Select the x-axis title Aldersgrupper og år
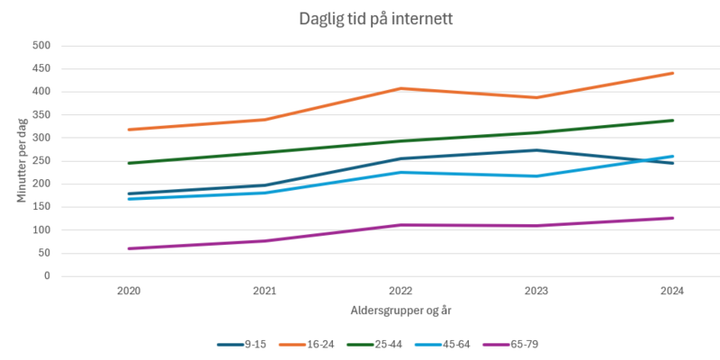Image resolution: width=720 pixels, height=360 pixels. pos(400,310)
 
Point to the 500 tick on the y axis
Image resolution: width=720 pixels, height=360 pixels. pos(41,46)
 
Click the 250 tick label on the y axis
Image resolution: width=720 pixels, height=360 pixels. pos(41,161)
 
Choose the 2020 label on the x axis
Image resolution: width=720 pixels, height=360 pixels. pos(128,291)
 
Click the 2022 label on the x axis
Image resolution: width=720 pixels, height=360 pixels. pos(400,291)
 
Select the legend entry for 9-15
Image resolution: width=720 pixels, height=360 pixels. pos(240,344)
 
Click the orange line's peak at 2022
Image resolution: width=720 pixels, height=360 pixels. pos(400,88)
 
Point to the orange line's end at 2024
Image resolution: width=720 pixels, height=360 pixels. pos(672,73)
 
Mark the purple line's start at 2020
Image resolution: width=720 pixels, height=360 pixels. pos(128,248)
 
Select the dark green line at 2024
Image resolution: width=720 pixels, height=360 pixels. pos(672,121)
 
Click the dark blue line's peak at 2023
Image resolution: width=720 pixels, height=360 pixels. pos(536,150)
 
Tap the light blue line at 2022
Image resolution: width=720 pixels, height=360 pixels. pos(400,172)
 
